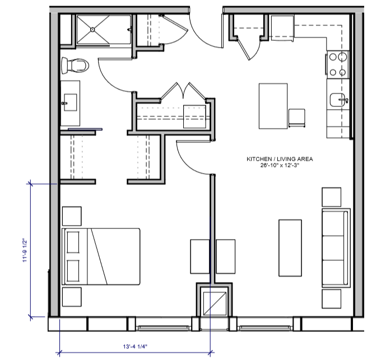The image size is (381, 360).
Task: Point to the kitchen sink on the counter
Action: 338,100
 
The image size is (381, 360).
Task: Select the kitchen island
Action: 273,106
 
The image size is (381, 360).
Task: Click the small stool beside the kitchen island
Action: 296,118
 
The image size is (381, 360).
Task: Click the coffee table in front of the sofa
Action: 290,247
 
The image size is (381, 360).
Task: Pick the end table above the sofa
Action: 331,197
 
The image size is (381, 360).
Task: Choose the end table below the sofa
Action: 331,297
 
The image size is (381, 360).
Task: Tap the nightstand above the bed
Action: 72,216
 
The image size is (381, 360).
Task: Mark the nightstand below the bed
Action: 72,297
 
